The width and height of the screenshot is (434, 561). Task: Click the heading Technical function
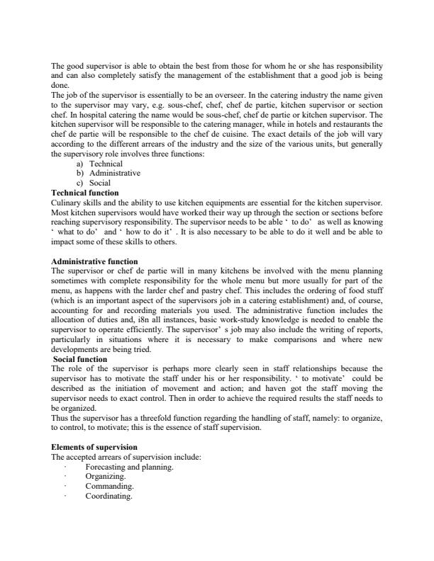pos(85,193)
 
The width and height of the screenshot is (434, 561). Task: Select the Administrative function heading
pos(95,261)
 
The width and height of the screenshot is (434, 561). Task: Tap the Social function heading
pos(80,359)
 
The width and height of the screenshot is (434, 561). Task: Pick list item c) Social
pos(99,183)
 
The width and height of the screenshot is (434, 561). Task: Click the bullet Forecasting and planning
pos(129,467)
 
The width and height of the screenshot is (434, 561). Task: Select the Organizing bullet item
pos(106,477)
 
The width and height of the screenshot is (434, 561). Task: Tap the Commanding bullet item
pos(109,487)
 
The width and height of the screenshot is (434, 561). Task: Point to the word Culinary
pos(66,203)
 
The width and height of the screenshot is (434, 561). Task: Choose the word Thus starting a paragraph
pos(60,418)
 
